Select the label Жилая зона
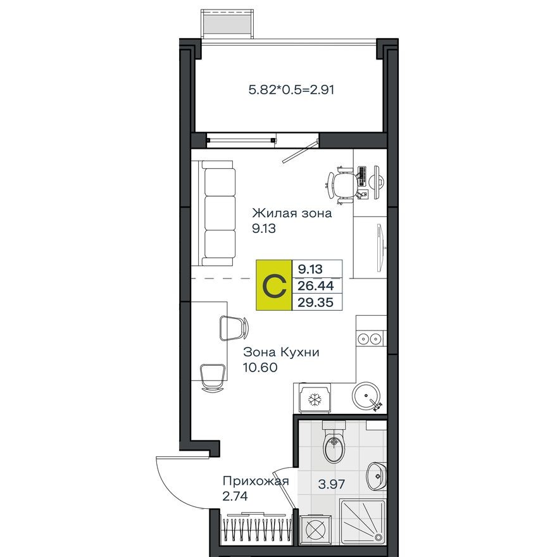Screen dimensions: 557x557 click(x=292, y=213)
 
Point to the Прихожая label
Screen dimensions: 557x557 click(x=255, y=482)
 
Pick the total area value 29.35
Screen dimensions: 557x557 click(x=317, y=303)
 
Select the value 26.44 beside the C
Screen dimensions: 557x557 click(x=317, y=286)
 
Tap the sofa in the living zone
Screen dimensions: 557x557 click(x=218, y=213)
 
